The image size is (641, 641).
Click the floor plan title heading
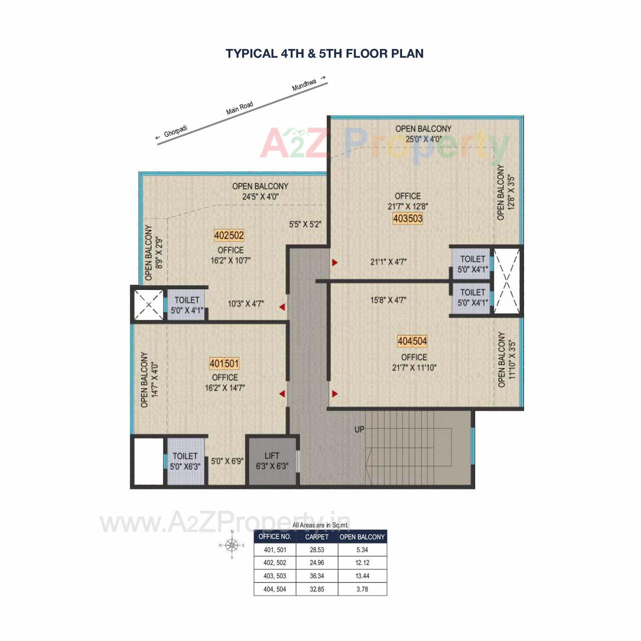tap(325, 54)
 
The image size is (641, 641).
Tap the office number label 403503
tap(408, 218)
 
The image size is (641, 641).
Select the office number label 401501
tap(224, 363)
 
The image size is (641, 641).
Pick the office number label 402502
tap(229, 235)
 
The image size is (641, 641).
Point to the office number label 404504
tap(412, 341)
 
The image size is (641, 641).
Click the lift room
tap(272, 461)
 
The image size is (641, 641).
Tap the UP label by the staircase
tap(360, 429)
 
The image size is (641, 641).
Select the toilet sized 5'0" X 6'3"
tap(186, 461)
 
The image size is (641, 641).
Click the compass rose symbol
tap(231, 545)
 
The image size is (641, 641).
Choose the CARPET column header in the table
tap(317, 537)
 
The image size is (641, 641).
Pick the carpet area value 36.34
tap(317, 576)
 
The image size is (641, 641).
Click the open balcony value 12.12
tap(362, 563)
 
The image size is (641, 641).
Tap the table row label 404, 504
tap(275, 589)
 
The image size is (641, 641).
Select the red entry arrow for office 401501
tap(282, 394)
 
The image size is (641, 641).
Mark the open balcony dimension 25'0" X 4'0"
tap(423, 139)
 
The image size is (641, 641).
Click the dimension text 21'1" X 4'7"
tap(388, 261)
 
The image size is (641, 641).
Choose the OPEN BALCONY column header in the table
tap(362, 537)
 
